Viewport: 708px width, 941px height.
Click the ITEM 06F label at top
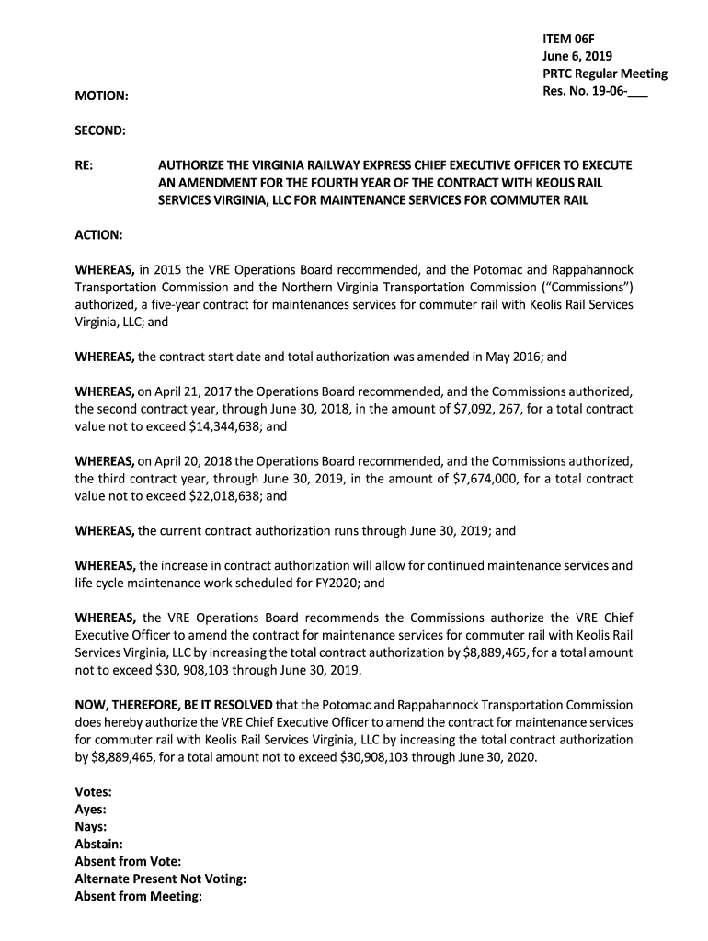tap(568, 39)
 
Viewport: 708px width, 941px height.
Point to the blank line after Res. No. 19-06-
tap(637, 92)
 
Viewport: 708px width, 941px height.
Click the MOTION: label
tap(101, 96)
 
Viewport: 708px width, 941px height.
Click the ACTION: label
tap(98, 235)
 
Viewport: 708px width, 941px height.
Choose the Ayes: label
tap(90, 810)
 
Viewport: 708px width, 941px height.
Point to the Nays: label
tap(90, 827)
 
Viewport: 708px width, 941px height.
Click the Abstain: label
tap(98, 845)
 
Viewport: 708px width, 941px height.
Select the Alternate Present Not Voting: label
tap(160, 879)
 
